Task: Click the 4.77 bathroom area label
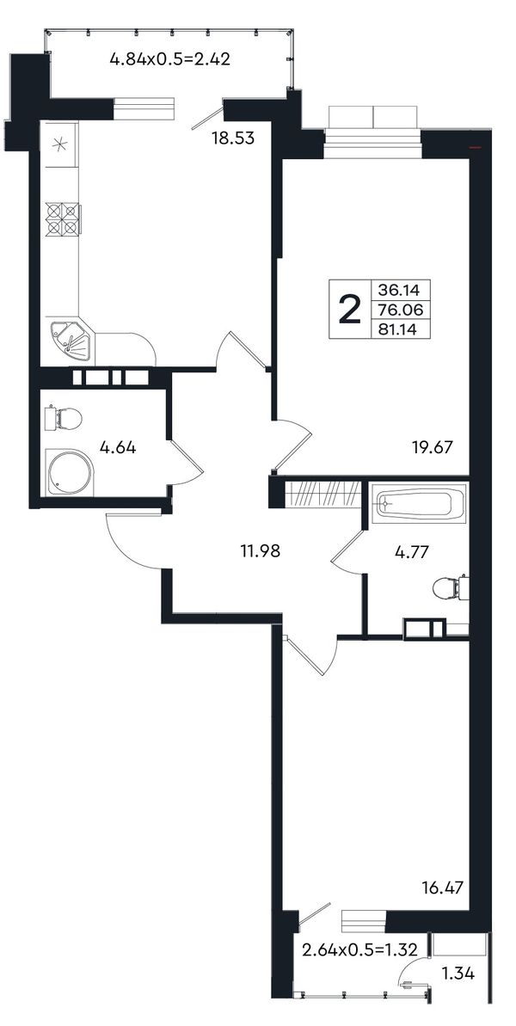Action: pyautogui.click(x=411, y=551)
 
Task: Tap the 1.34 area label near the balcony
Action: pyautogui.click(x=458, y=974)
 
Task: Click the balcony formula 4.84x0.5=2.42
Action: pyautogui.click(x=170, y=59)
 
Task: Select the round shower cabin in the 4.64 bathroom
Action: pyautogui.click(x=70, y=472)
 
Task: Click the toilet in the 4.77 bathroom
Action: pyautogui.click(x=451, y=587)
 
